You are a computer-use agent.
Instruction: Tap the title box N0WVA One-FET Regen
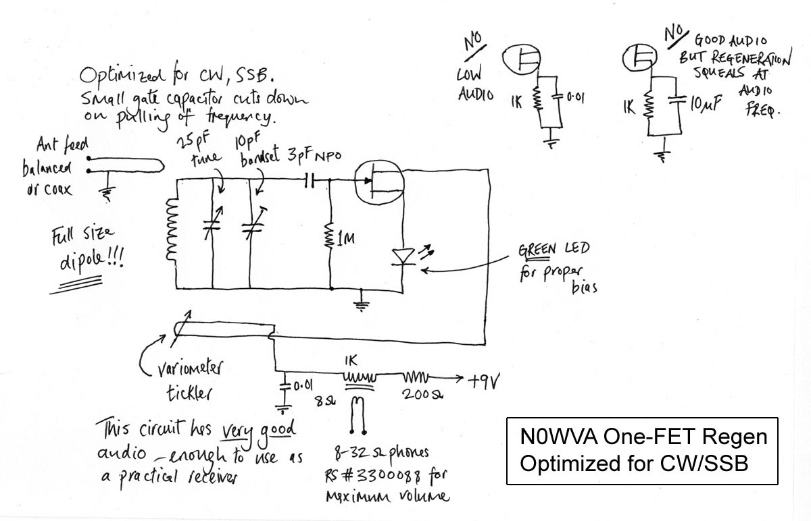click(642, 450)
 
